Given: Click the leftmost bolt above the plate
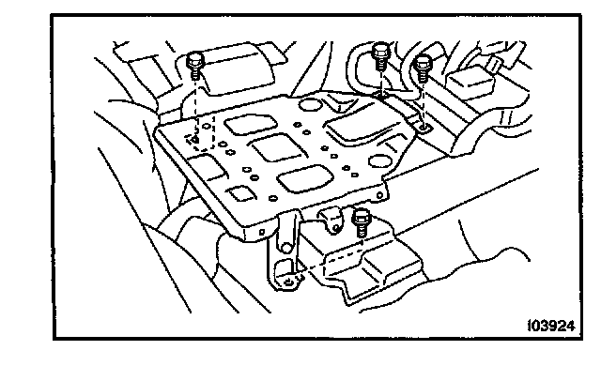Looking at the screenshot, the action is [x=194, y=65].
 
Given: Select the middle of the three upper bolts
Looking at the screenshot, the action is [x=380, y=55].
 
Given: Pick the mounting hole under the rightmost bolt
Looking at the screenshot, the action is [x=425, y=124].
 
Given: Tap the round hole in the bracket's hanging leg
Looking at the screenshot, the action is [x=278, y=247].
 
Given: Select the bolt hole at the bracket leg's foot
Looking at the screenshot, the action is [x=284, y=277].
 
